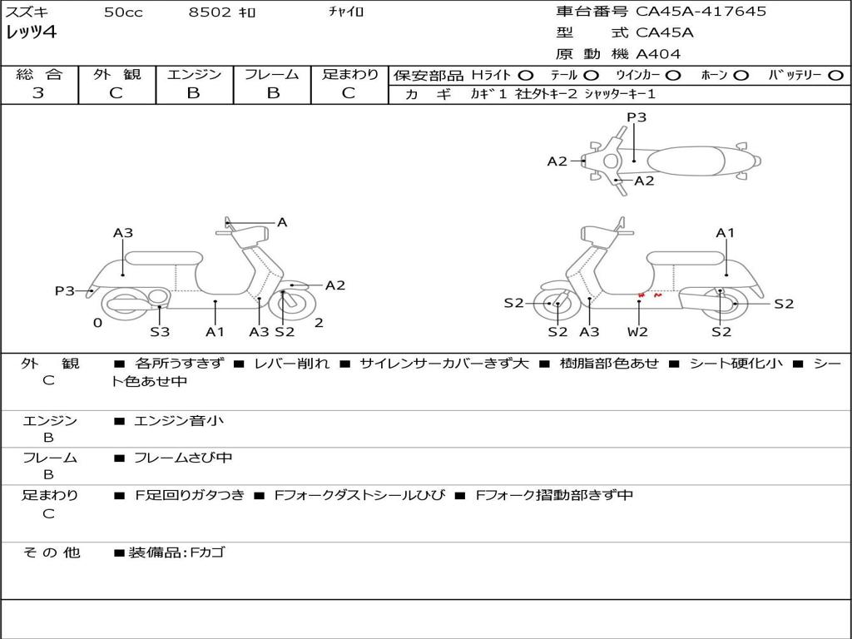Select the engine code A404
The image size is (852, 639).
click(658, 54)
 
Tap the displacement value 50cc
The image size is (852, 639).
click(123, 12)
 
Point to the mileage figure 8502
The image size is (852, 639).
click(206, 12)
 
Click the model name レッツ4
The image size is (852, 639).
click(31, 33)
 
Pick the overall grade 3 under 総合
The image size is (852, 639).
click(38, 93)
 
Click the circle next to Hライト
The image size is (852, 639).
click(526, 75)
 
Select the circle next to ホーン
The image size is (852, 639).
click(741, 75)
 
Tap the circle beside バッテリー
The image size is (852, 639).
click(835, 75)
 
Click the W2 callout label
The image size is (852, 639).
click(638, 332)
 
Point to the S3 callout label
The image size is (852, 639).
click(160, 332)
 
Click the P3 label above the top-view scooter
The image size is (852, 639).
click(637, 117)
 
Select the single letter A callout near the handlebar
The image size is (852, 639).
click(282, 222)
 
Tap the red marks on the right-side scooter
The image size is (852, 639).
click(649, 295)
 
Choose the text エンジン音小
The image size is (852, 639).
click(179, 421)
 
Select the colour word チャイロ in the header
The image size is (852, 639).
click(346, 12)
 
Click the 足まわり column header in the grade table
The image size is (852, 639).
click(349, 74)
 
